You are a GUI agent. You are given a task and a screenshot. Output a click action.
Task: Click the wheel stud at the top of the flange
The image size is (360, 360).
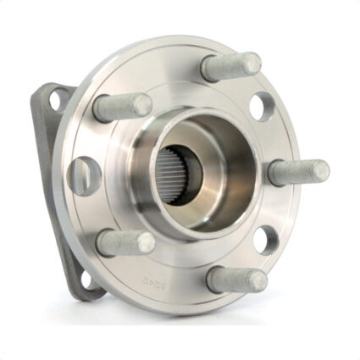(230, 66)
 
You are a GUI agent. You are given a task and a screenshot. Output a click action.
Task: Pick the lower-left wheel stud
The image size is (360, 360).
(125, 242)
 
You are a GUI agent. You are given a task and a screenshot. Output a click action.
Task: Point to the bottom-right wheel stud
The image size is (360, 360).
(236, 279)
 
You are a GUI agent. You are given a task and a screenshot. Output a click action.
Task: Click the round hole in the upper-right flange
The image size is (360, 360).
(263, 106)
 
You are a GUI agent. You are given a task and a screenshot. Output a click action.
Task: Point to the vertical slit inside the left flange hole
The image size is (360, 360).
(82, 174)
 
